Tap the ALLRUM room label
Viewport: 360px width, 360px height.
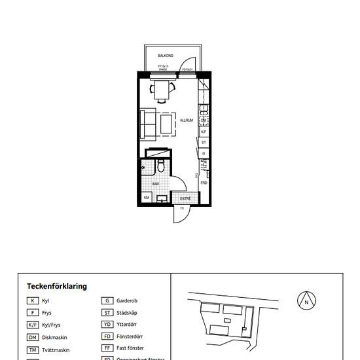click(x=187, y=120)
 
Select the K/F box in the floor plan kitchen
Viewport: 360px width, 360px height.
click(x=204, y=132)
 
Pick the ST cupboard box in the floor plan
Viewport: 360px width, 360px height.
click(x=204, y=142)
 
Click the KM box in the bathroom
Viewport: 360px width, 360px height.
click(x=147, y=198)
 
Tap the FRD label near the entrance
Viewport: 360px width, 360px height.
click(x=204, y=183)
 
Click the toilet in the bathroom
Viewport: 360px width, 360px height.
click(x=161, y=168)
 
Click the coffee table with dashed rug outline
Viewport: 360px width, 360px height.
click(x=168, y=124)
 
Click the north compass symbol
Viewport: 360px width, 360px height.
click(x=306, y=301)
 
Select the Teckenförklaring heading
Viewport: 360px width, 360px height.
click(x=57, y=286)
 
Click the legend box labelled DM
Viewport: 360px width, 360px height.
click(x=32, y=337)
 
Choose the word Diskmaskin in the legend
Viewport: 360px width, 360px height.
click(x=55, y=337)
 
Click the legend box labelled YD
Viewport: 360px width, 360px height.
click(x=107, y=325)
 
